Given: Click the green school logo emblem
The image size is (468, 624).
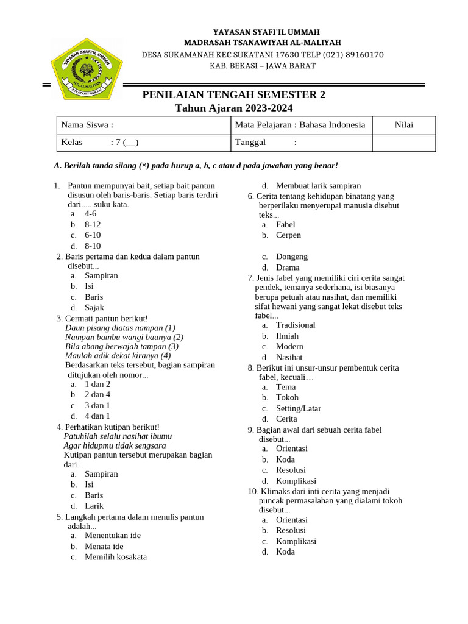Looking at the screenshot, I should tap(87, 68).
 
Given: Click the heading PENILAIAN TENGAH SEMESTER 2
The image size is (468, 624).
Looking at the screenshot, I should tap(234, 94).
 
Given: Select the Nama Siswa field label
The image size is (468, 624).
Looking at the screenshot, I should tap(87, 125).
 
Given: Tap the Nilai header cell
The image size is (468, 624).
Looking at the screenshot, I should tap(403, 125).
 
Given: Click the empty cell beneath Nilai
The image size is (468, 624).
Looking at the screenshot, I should tap(403, 143).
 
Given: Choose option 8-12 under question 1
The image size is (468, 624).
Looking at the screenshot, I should tap(93, 224).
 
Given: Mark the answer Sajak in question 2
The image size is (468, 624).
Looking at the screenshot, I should tap(94, 308).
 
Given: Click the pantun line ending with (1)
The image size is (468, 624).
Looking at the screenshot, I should tap(120, 328).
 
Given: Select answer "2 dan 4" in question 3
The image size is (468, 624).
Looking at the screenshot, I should tap(97, 395).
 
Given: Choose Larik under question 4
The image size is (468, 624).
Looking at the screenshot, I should tap(94, 506).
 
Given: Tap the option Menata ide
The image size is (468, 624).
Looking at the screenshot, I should tap(104, 546).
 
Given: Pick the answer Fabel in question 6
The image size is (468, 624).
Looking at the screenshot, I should tap(286, 225).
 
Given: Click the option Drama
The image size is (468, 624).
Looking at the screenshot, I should tap(288, 268).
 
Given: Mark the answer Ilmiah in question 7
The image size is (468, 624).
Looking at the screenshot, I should tap(288, 336).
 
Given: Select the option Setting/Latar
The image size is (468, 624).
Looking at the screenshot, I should tap(299, 408).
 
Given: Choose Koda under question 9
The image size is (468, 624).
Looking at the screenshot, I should tap(285, 459).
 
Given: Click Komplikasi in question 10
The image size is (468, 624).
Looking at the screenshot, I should tap(296, 541).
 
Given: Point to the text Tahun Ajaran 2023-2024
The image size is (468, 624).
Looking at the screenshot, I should tap(234, 108).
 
